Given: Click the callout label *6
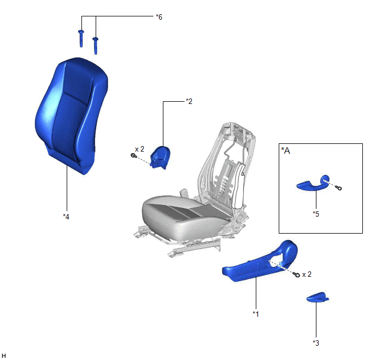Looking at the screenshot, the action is [x=159, y=17].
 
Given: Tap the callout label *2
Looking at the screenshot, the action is [x=189, y=101].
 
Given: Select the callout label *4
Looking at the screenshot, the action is [x=66, y=217].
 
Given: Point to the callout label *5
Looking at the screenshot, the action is [x=316, y=214].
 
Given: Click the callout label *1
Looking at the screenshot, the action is [x=256, y=314].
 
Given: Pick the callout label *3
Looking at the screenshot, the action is [x=316, y=343].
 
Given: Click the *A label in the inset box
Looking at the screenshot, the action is [x=286, y=150].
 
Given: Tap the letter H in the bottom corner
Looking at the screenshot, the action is [x=4, y=356].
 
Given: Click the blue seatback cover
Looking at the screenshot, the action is [x=71, y=115].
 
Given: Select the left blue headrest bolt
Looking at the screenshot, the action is [x=81, y=38].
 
